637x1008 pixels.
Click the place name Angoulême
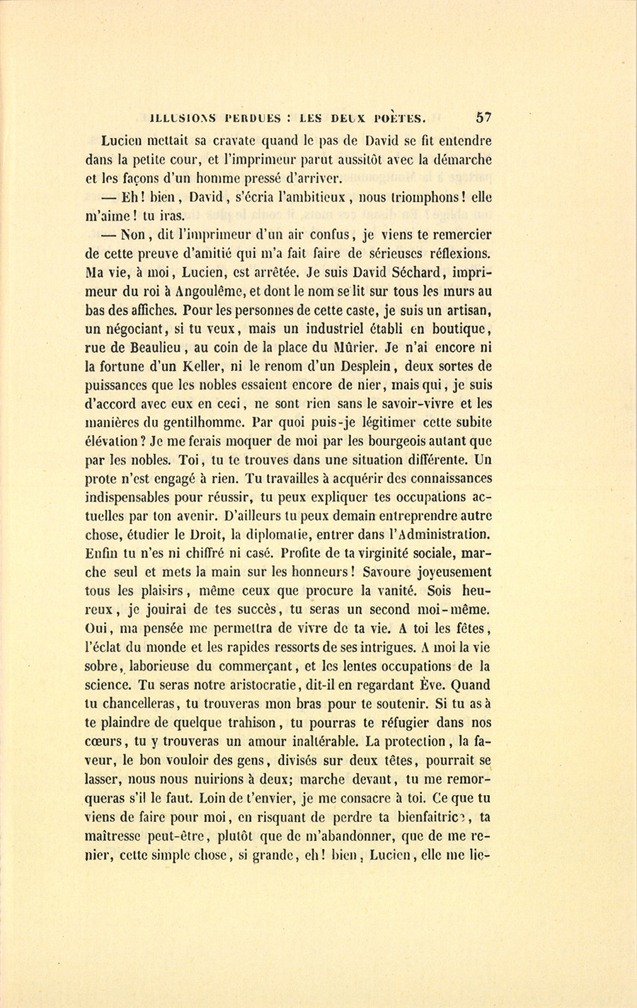click(207, 290)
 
